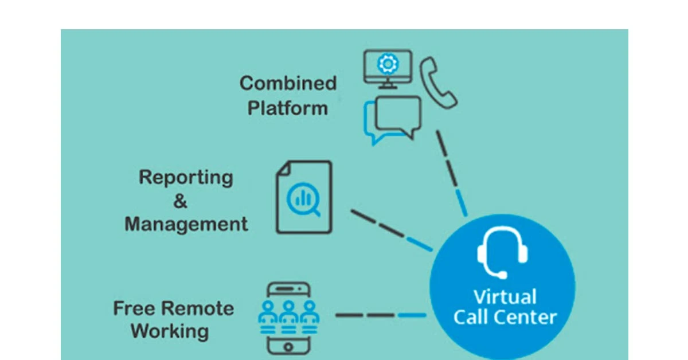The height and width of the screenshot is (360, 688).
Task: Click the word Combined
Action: pyautogui.click(x=288, y=83)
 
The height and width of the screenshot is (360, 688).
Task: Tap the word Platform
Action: pyautogui.click(x=288, y=108)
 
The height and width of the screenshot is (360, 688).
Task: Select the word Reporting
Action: pyautogui.click(x=186, y=177)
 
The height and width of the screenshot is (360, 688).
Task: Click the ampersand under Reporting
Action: pyautogui.click(x=180, y=201)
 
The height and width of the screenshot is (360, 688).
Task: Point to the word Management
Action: pyautogui.click(x=186, y=224)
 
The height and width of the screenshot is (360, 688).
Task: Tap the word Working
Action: pyautogui.click(x=170, y=331)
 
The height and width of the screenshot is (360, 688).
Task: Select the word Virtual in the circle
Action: pyautogui.click(x=505, y=297)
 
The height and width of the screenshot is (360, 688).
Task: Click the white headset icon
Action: pyautogui.click(x=502, y=253)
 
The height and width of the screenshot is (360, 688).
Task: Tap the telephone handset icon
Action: pyautogui.click(x=438, y=82)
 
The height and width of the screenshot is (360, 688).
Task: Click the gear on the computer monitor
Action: pyautogui.click(x=388, y=64)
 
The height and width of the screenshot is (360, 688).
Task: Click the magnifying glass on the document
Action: pyautogui.click(x=303, y=201)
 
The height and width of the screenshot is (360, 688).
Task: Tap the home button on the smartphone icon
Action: pyautogui.click(x=288, y=346)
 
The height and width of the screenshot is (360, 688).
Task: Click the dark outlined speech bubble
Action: pyautogui.click(x=397, y=116)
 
